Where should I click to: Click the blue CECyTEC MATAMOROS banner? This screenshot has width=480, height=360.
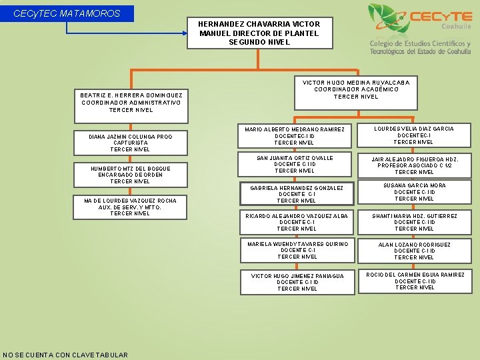point(67,13)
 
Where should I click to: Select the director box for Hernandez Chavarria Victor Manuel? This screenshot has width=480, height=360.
point(260,33)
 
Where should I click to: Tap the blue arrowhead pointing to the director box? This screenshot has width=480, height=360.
point(185,33)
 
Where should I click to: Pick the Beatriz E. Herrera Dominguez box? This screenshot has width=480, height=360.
point(131,106)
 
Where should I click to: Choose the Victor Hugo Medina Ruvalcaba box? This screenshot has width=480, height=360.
point(356,93)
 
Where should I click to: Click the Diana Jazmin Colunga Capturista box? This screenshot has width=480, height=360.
point(131,143)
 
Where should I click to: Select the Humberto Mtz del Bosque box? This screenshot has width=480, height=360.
point(131,175)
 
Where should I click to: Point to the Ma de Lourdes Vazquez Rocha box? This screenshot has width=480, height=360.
point(130,207)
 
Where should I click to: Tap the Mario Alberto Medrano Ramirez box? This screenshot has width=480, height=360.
point(295,135)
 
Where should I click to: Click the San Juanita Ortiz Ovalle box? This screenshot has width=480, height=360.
point(295,165)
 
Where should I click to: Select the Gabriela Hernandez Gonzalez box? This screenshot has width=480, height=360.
point(297,194)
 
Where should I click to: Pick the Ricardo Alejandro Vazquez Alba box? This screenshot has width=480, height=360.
point(297,222)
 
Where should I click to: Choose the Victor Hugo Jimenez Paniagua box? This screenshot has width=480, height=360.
point(297,282)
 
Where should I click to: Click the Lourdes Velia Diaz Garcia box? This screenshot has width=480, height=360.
point(414,135)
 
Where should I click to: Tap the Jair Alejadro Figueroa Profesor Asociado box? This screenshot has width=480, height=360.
point(415,165)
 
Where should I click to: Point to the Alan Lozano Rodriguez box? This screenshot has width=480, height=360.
point(415,251)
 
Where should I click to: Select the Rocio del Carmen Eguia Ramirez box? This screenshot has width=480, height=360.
point(415,281)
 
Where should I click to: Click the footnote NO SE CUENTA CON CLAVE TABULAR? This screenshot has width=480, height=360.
point(65,355)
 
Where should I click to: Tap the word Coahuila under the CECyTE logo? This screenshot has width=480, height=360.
point(456,26)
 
